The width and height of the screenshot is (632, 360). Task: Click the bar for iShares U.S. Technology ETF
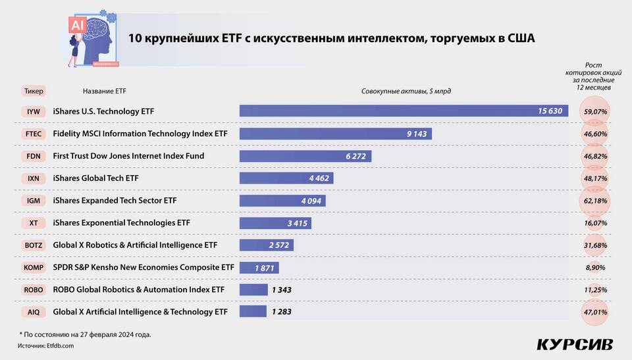point(404,111)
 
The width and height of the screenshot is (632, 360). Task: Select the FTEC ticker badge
point(34,134)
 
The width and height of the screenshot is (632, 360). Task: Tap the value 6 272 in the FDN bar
point(356,156)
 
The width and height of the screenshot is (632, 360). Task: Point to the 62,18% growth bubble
point(595,201)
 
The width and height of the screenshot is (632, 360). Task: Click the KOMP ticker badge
point(34,267)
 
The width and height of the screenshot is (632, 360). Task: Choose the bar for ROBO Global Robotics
point(253,290)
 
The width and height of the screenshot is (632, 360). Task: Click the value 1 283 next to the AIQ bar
point(282,311)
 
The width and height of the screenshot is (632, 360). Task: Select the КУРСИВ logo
point(575,345)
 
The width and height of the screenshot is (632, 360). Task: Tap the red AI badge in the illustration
point(78,25)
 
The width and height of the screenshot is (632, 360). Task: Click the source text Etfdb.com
point(60,346)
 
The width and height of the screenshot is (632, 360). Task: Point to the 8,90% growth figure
point(595,267)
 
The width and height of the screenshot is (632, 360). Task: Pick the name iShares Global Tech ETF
point(95,178)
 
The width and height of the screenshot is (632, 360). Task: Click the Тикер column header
point(34,91)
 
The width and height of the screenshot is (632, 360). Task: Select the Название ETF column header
point(105,91)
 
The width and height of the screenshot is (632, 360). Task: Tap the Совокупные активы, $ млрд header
point(406,91)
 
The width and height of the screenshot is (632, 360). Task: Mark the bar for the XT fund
point(275,223)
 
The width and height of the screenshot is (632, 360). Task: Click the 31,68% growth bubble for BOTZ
point(595,245)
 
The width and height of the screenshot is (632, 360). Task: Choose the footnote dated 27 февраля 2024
point(85,334)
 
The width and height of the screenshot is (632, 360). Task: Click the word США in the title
point(521,38)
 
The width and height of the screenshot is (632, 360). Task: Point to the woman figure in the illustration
point(74,51)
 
